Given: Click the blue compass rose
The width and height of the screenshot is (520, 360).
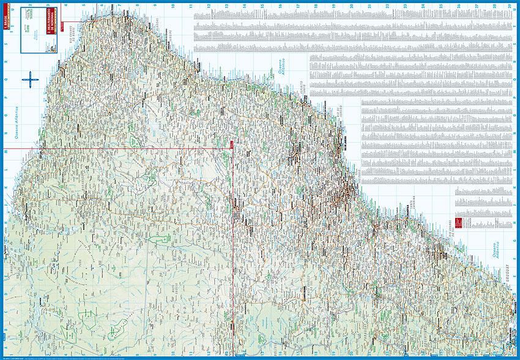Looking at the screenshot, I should point(30,79).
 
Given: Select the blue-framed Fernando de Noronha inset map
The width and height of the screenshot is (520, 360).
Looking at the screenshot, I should point(35,26).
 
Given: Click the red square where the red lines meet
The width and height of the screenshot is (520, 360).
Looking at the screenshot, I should point(232,144).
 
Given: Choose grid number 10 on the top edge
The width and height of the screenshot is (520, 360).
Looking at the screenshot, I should point(174,6).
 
